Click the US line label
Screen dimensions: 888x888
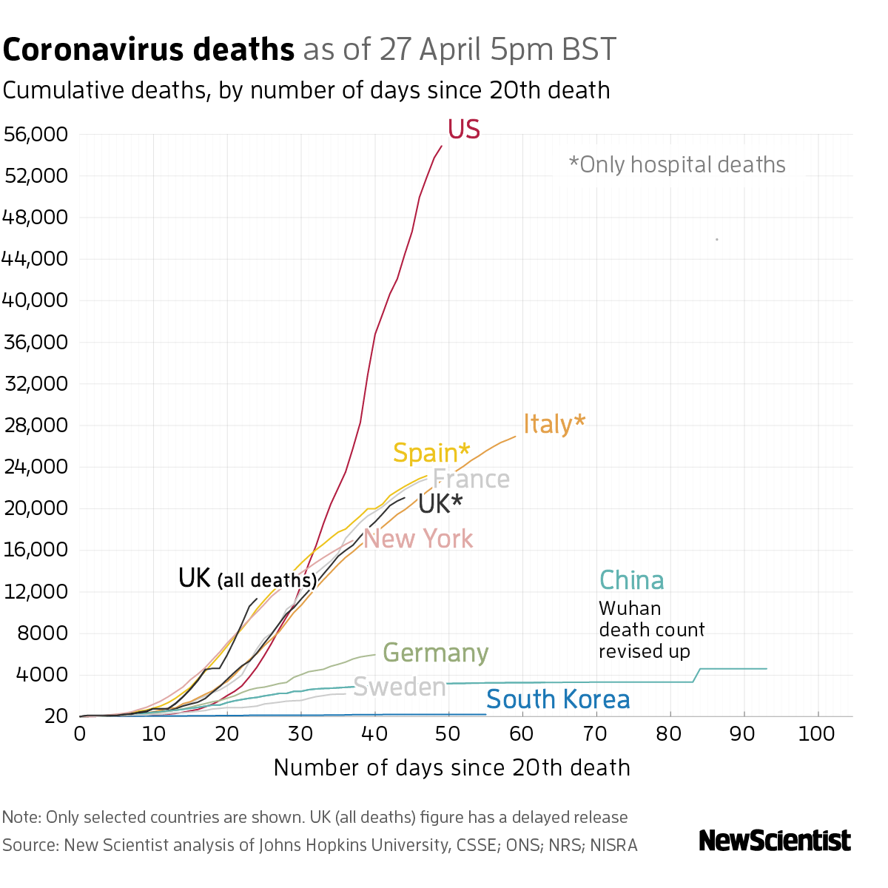[x=464, y=129]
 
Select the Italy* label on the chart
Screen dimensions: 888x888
[x=554, y=424]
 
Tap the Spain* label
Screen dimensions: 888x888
[x=431, y=452]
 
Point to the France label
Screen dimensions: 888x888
[x=471, y=480]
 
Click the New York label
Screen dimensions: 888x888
[x=418, y=539]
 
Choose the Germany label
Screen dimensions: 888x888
[x=435, y=653]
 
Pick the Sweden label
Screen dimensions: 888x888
[x=400, y=687]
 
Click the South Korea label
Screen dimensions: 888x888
[x=558, y=699]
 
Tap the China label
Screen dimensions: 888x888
[x=631, y=580]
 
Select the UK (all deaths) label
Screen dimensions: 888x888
[x=247, y=578]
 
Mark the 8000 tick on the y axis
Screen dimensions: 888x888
[x=41, y=633]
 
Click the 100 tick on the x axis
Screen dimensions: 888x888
[x=817, y=734]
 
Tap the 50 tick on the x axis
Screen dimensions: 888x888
[x=448, y=734]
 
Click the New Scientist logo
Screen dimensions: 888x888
[x=775, y=841]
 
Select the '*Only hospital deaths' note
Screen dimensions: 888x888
[x=676, y=164]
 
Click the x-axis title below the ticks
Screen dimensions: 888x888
[x=451, y=768]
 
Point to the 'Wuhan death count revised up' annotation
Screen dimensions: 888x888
[x=651, y=630]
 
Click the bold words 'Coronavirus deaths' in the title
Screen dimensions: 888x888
[x=149, y=50]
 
